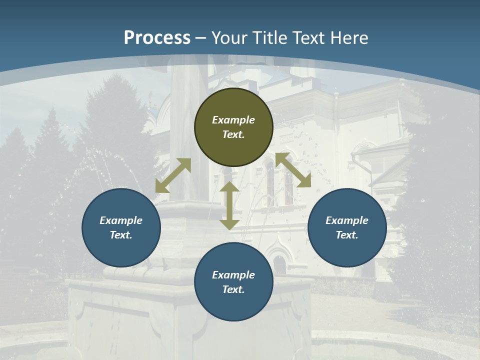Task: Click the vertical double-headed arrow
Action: pos(229,205)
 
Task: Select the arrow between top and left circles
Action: pos(173,175)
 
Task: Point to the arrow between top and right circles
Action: pos(293,170)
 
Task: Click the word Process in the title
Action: pos(157,37)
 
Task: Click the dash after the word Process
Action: pos(201,38)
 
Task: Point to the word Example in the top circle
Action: pos(233,120)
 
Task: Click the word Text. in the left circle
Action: pos(121,235)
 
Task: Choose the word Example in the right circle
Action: pos(347,220)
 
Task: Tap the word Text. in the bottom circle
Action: pos(233,289)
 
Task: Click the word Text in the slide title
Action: pos(308,37)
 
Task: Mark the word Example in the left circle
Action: pos(121,220)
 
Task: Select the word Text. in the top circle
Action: pos(233,134)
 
